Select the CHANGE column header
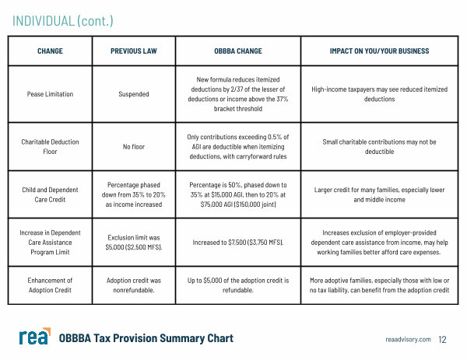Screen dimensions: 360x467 50,51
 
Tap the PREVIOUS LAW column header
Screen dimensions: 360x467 133,51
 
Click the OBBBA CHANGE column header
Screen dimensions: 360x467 238,51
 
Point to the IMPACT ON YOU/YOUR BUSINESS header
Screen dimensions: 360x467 381,51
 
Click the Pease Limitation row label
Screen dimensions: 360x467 50,94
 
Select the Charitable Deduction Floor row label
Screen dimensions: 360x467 50,147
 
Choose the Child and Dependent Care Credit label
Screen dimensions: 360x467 50,194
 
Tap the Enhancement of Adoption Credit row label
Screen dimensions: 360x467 50,285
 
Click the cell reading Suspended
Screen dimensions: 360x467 133,94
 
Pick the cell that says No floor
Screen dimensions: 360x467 133,147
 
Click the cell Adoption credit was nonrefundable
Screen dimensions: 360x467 133,285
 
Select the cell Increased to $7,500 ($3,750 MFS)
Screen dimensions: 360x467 238,243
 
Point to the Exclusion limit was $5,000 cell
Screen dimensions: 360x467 133,243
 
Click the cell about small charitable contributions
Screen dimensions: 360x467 381,147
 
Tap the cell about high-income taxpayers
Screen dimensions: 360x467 381,94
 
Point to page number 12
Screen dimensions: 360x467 443,340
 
